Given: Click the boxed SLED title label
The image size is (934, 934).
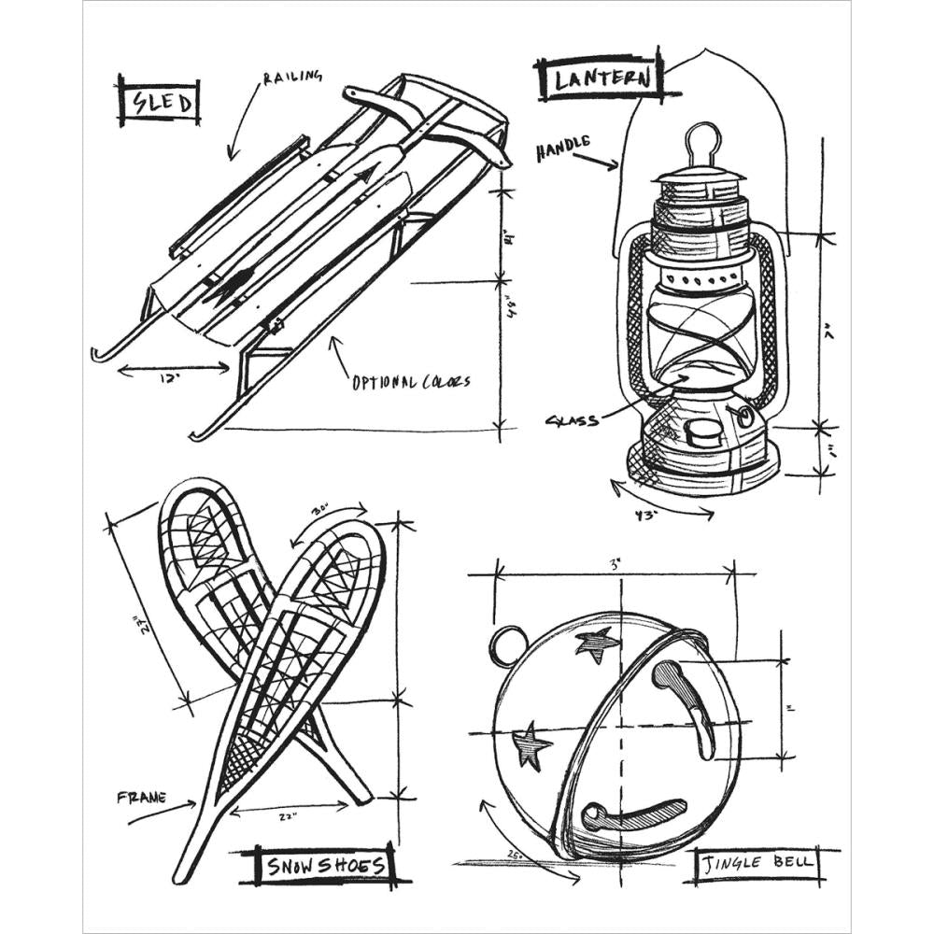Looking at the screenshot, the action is tap(160, 102).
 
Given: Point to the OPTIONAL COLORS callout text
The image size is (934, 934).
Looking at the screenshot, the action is tap(411, 381).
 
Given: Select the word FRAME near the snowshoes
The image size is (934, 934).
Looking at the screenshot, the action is tap(142, 799).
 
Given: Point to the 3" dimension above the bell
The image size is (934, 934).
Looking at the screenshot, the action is tap(616, 564).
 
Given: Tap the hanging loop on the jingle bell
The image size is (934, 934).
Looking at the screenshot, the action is tap(510, 644).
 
